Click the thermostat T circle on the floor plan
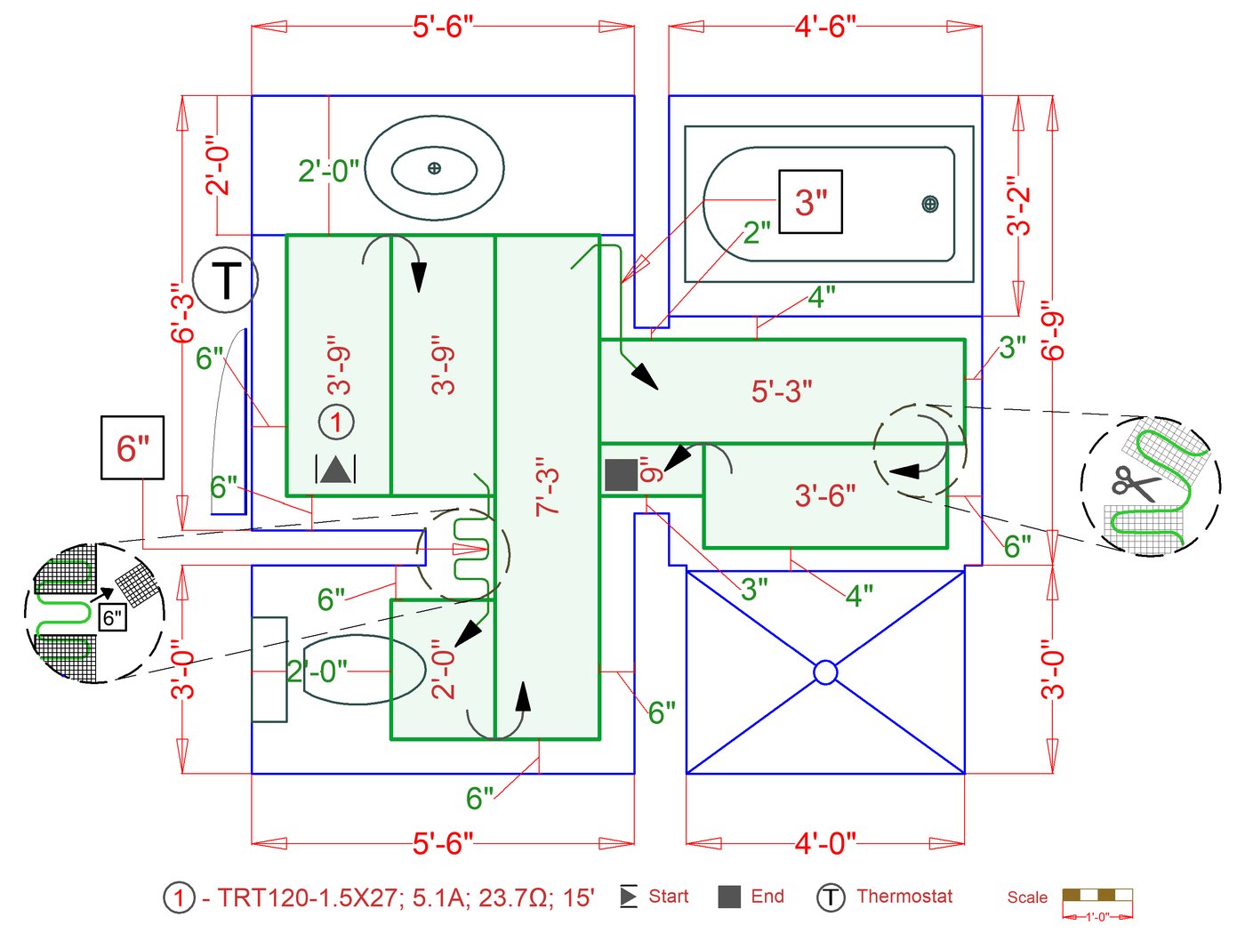click(226, 280)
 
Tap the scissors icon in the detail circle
click(1135, 483)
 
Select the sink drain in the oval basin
click(434, 167)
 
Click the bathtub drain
click(929, 205)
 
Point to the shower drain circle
click(825, 672)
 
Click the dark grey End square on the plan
click(621, 474)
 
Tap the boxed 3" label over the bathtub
click(810, 202)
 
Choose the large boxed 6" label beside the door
click(132, 447)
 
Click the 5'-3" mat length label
click(782, 391)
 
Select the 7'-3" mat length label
click(548, 487)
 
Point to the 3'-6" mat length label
click(825, 495)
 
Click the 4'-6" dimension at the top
click(825, 27)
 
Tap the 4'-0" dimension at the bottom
click(825, 842)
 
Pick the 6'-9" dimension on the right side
click(1053, 331)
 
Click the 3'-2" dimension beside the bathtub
click(1019, 206)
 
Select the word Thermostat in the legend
click(904, 897)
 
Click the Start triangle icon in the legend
click(629, 897)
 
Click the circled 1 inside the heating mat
click(336, 422)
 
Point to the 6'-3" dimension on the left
click(182, 313)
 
